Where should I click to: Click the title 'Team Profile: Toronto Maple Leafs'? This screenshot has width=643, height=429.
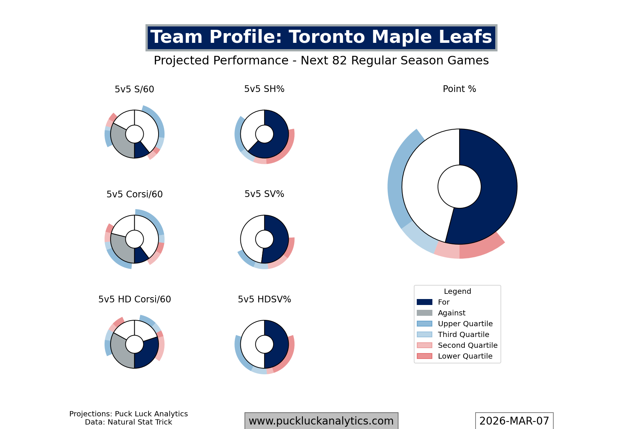point(321,38)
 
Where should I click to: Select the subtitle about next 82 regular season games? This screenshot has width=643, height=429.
point(321,60)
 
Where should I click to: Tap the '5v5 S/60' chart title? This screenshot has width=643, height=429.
point(134,89)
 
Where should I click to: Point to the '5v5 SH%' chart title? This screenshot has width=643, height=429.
point(264,89)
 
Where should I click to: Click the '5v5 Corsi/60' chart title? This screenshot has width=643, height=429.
point(134,194)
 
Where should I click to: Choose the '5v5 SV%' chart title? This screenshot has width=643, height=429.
point(264,194)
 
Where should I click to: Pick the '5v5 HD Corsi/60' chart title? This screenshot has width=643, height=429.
point(134,299)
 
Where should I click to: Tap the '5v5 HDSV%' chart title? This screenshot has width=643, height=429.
point(264,299)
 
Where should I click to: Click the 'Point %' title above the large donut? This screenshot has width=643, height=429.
point(459,89)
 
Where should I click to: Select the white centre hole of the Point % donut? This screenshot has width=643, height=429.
point(459,187)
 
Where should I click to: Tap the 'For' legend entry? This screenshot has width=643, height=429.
point(443,302)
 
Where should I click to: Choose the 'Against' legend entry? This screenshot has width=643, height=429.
point(451,313)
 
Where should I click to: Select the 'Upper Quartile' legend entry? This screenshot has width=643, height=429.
point(465,324)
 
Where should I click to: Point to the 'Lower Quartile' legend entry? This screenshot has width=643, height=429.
point(465,356)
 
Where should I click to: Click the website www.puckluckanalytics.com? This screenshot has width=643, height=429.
point(321,421)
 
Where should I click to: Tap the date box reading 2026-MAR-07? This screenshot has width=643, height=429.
point(514,421)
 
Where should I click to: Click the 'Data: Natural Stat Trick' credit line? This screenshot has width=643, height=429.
point(128,422)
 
